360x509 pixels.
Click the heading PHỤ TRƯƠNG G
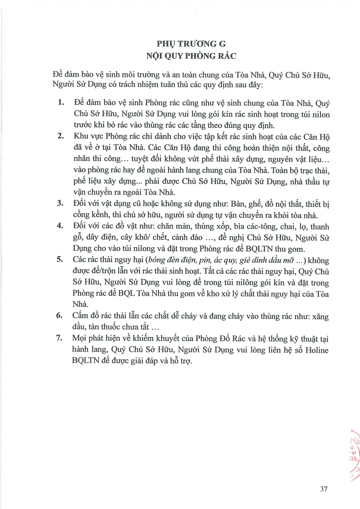[191, 44]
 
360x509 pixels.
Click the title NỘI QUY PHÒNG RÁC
[191, 56]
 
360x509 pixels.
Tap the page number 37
[324, 489]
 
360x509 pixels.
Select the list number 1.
[61, 102]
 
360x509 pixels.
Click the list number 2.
[61, 136]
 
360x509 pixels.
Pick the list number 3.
[61, 203]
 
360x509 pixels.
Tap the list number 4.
[60, 226]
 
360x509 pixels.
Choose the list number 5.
[60, 259]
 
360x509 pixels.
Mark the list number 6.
[60, 315]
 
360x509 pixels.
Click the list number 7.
[59, 338]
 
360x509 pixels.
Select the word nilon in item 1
[321, 115]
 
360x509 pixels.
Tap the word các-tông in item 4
[256, 227]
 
